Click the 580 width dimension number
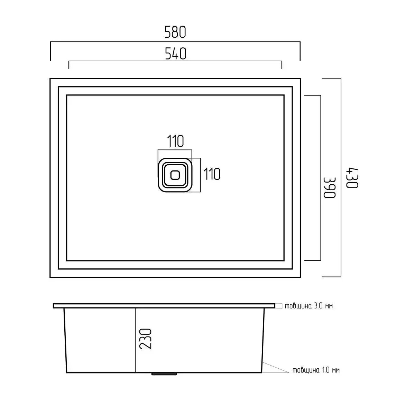175,32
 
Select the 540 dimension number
176,54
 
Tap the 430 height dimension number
352,178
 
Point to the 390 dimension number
330,187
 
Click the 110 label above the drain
175,141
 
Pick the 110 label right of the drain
212,174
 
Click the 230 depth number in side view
146,339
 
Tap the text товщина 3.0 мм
308,306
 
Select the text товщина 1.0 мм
316,370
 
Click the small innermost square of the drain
175,175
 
